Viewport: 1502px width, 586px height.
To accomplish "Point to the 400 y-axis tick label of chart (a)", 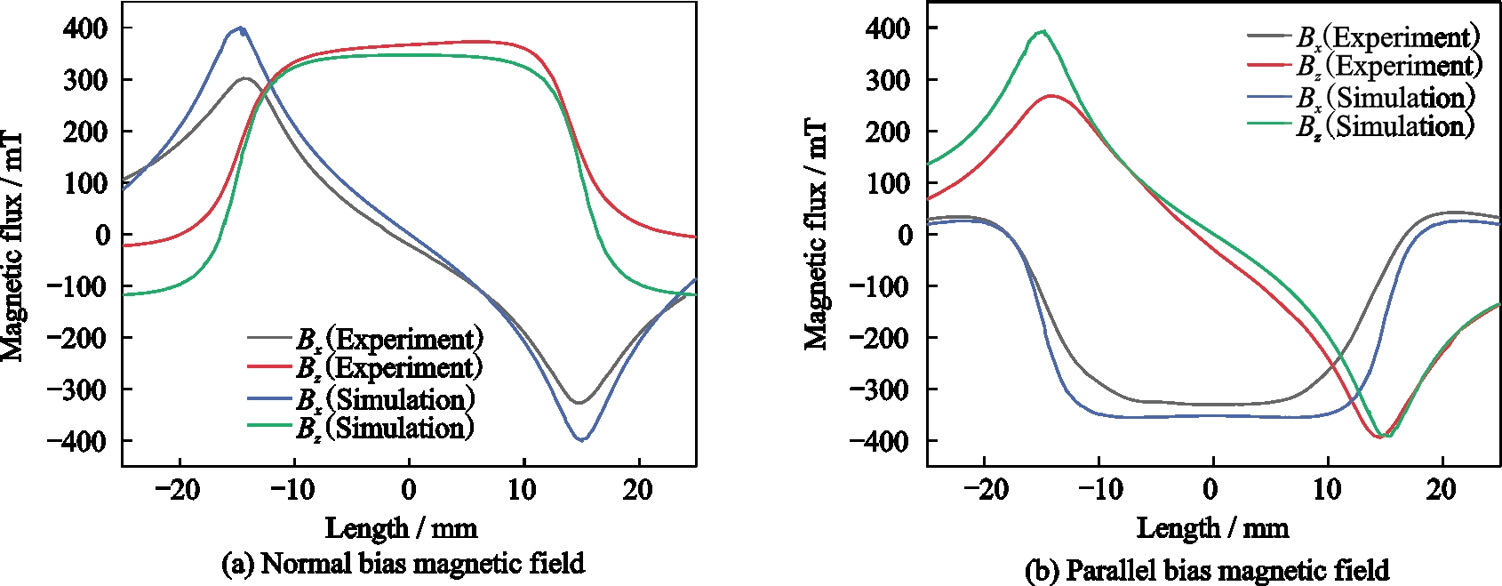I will point(85,28).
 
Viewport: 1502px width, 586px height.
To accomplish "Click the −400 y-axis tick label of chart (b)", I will point(879,441).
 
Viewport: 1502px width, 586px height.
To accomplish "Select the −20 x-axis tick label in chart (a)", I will point(179,490).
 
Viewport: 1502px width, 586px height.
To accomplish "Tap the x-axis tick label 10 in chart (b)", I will point(1327,490).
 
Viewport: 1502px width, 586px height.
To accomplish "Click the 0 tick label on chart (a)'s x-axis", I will point(408,490).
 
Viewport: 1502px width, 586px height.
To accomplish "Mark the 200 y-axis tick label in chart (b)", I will point(888,132).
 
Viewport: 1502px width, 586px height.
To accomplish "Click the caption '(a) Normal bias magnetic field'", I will point(403,563).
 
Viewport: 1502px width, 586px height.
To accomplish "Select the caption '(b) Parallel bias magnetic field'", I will point(1206,569).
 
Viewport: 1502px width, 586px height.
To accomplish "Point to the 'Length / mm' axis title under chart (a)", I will point(401,528).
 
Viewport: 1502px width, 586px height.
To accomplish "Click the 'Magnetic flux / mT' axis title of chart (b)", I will point(817,235).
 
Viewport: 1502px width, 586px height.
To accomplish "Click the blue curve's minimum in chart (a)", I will point(581,439).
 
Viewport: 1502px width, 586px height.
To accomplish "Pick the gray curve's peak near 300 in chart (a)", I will point(245,78).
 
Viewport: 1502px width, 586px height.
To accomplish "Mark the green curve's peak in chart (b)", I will point(1042,32).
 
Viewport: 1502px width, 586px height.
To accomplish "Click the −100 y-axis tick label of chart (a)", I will point(79,286).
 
